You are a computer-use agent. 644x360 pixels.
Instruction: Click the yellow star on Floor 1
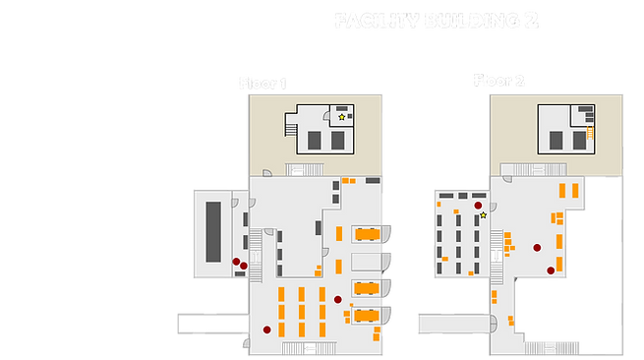[342, 117]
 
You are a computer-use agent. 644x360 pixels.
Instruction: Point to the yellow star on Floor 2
[483, 214]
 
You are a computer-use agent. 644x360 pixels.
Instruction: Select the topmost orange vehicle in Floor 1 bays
[369, 233]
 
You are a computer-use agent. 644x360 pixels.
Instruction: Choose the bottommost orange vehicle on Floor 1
[369, 314]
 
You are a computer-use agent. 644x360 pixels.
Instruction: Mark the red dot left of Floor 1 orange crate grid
[265, 328]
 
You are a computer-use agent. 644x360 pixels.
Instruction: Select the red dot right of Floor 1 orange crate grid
[337, 298]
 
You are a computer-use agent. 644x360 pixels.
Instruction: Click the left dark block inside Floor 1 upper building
[315, 141]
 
